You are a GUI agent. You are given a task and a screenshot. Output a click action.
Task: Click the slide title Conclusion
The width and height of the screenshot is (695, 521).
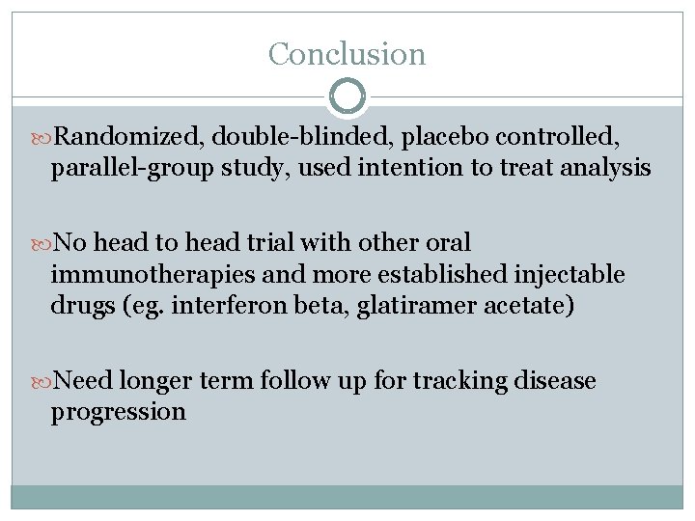347,54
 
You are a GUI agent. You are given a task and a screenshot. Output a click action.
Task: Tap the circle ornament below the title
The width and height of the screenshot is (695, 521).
347,97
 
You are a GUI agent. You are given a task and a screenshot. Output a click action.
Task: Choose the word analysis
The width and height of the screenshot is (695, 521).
607,170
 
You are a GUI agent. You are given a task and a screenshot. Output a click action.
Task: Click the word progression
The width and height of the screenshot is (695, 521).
118,411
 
